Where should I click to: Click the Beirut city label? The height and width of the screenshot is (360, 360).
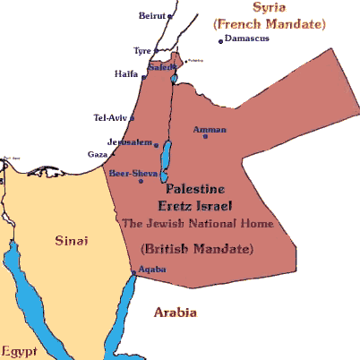pyautogui.click(x=153, y=16)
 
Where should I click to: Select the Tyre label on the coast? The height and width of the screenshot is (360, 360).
pyautogui.click(x=141, y=51)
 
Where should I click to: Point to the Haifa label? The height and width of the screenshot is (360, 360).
pyautogui.click(x=126, y=73)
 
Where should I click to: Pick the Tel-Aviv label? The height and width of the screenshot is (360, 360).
pyautogui.click(x=111, y=117)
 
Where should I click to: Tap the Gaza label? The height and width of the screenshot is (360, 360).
pyautogui.click(x=97, y=154)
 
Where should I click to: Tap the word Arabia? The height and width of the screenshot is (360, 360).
pyautogui.click(x=175, y=313)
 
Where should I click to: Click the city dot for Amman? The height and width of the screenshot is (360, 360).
pyautogui.click(x=206, y=135)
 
